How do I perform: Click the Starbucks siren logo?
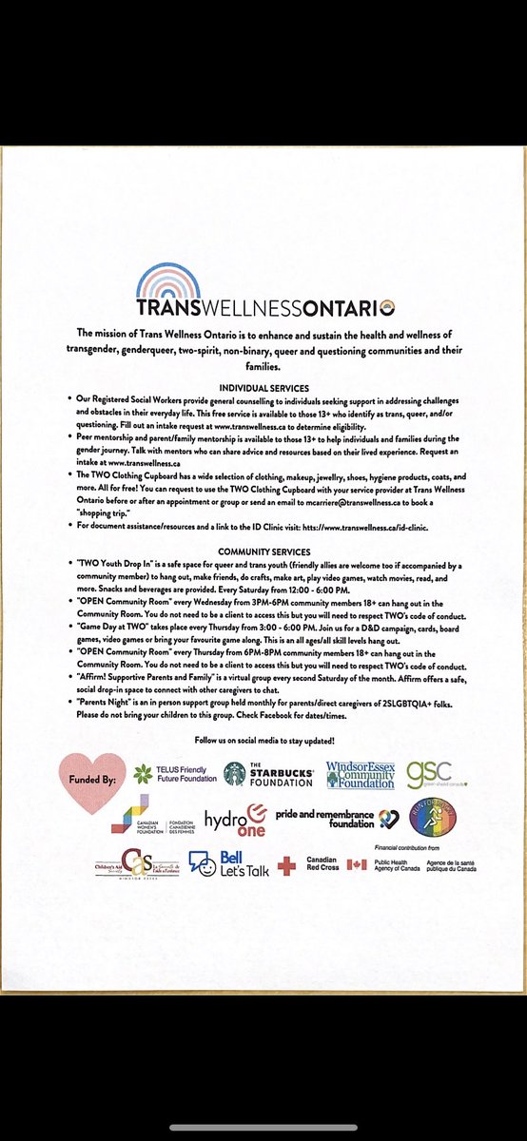234,773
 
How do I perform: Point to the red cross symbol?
284,865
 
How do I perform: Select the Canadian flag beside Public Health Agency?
357,864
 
